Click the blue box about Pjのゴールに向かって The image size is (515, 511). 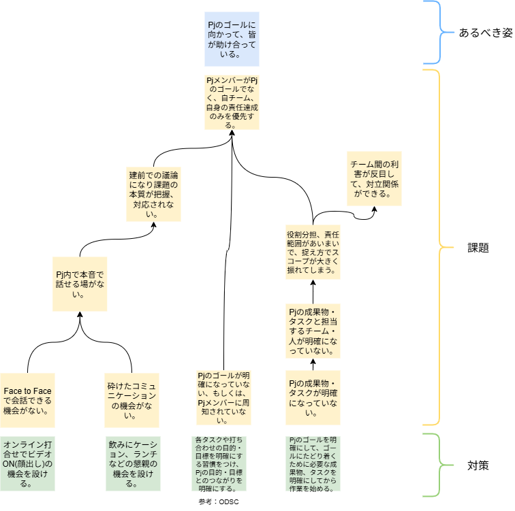(232, 39)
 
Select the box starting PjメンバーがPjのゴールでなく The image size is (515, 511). (232, 102)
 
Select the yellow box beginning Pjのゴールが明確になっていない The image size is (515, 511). (224, 398)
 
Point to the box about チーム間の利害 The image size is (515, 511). (374, 179)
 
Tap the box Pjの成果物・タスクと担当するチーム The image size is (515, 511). (313, 331)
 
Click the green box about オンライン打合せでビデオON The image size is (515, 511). (27, 463)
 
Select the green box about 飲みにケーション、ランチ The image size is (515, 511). (132, 463)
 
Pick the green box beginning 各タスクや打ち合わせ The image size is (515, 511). (224, 463)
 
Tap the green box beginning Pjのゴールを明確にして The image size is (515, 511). (313, 463)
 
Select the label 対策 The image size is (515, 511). (477, 466)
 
